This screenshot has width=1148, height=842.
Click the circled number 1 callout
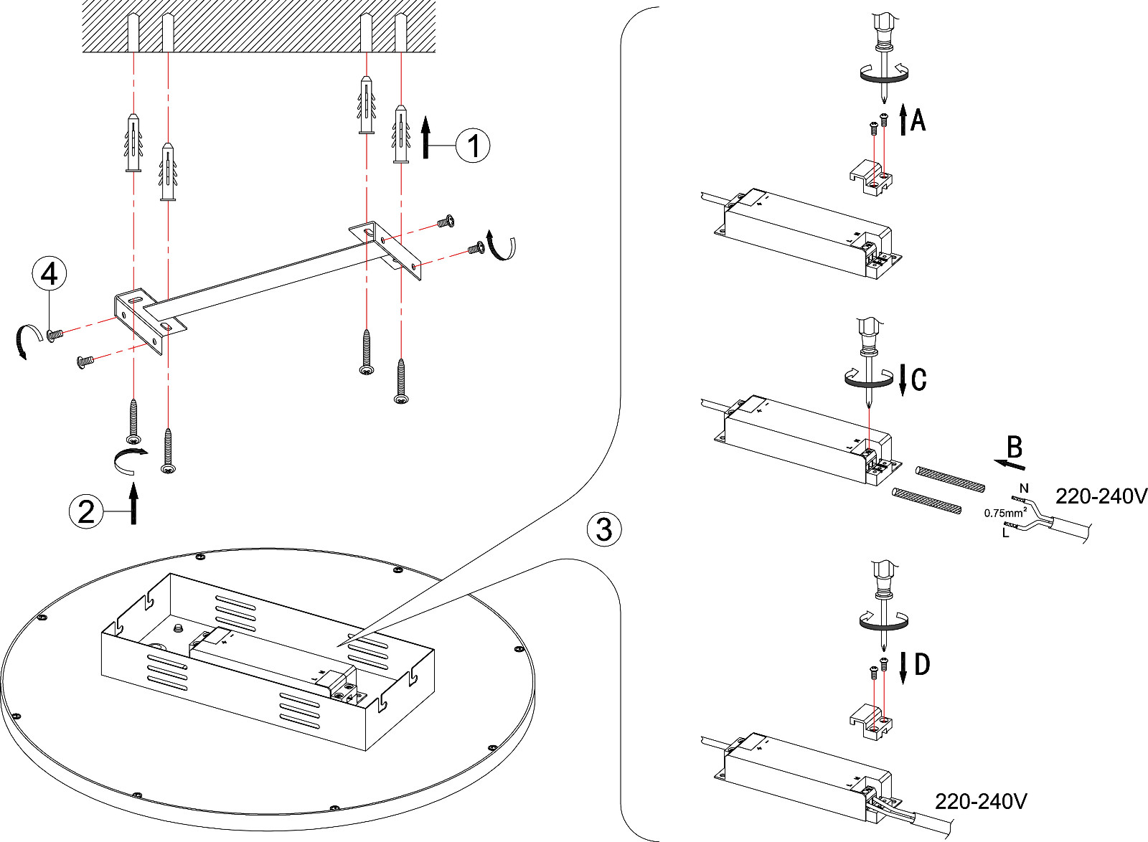(x=473, y=146)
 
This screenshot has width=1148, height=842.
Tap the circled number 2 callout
(x=86, y=512)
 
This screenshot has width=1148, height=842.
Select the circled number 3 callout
(x=604, y=529)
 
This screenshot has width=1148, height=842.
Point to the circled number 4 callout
(x=49, y=274)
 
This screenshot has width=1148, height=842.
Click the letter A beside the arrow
(x=918, y=120)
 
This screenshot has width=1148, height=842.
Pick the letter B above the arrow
(x=1014, y=448)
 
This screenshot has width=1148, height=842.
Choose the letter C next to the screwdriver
(x=918, y=379)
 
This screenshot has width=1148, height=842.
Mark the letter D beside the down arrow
(x=922, y=665)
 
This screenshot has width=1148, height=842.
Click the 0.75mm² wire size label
(x=1005, y=513)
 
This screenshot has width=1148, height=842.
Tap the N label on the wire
(x=1024, y=488)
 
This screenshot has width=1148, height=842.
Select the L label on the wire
(x=1006, y=533)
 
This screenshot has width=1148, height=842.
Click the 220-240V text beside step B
(x=1101, y=496)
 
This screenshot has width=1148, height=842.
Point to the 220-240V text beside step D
(x=980, y=801)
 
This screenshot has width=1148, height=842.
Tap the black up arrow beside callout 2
(x=133, y=503)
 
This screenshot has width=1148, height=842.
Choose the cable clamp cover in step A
(x=869, y=176)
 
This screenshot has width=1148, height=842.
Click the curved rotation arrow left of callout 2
(x=129, y=459)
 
